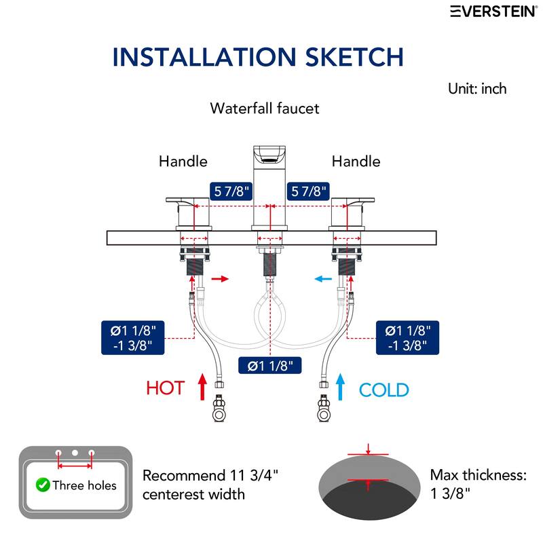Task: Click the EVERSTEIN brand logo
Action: point(494,11)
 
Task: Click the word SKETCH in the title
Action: point(354,57)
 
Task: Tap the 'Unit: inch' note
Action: point(477,89)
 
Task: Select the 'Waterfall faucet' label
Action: point(265,109)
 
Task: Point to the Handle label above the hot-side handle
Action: point(183,162)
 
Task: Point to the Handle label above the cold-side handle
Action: point(356,162)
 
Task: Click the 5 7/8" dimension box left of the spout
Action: point(231,191)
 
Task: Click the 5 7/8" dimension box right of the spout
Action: point(308,191)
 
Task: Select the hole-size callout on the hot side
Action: point(132,337)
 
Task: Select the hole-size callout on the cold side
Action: point(408,337)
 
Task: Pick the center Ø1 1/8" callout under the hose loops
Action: point(269,365)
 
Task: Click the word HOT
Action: point(165,388)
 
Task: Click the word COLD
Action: point(383,390)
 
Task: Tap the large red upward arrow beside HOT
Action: point(202,386)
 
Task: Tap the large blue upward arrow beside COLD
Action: point(341,386)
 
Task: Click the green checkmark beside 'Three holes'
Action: point(43,485)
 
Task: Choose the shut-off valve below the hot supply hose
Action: point(219,408)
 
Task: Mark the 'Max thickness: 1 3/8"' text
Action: point(479,484)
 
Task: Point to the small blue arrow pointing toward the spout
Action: point(323,279)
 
